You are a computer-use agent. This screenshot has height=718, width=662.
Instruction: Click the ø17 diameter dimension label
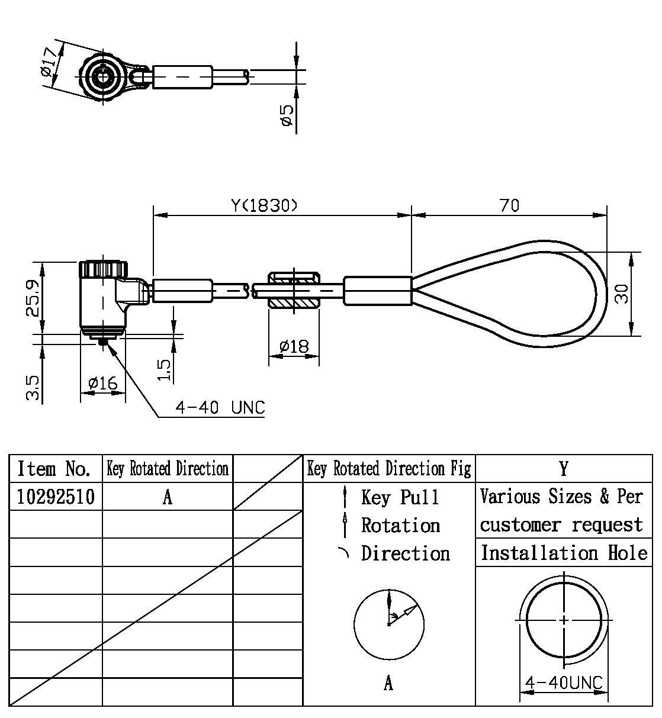50,63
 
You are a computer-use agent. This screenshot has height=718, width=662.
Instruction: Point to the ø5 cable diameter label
287,114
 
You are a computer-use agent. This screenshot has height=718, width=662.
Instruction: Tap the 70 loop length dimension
509,205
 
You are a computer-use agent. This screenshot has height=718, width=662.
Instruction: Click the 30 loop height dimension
621,292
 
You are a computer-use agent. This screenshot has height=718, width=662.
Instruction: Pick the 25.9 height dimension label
34,298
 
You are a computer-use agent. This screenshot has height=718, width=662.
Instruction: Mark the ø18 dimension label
294,346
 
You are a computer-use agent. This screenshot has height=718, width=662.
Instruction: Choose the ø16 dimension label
102,384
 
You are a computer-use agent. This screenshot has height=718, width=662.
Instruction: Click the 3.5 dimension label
34,387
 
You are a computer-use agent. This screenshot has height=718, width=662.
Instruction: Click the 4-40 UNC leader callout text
220,408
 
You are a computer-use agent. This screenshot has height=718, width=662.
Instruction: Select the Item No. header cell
54,469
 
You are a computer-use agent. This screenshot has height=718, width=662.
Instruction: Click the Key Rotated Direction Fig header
389,469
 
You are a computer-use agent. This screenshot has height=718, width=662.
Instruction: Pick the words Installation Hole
564,553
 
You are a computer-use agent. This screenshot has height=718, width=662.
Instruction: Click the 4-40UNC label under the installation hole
564,682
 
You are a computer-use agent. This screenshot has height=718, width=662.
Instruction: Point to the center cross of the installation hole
564,620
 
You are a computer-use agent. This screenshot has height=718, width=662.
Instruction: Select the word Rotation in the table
401,525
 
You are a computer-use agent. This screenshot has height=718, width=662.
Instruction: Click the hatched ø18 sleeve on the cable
294,290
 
